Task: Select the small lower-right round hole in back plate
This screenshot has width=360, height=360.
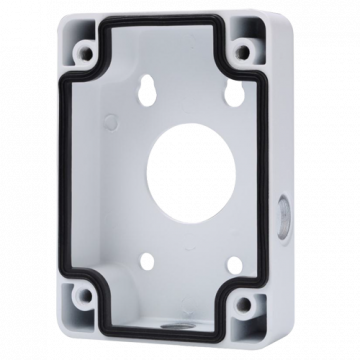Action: point(225,256)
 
